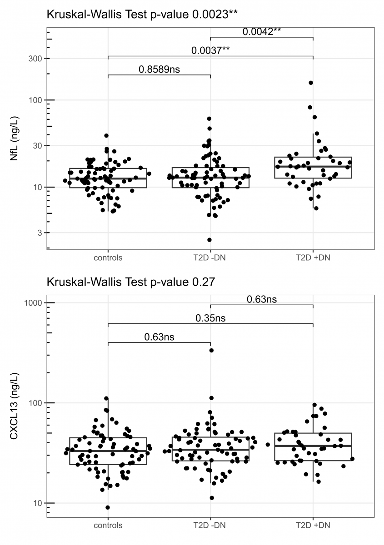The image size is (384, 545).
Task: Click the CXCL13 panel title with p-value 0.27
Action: coord(130,282)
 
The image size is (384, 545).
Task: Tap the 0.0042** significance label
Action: coord(262,31)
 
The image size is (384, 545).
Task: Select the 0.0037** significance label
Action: coord(210,50)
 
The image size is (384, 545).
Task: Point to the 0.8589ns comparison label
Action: coord(159,69)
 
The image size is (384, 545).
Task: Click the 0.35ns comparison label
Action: coord(210,318)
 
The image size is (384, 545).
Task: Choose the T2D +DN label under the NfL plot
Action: coord(313,258)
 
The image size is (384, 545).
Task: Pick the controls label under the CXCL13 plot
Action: coord(108,525)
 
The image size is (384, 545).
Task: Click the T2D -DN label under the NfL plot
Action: coord(210,258)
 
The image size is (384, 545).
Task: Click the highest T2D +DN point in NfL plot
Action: coord(311,83)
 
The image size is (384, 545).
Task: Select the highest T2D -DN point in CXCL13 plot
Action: coord(211,350)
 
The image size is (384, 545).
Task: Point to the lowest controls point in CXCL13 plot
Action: coord(108,508)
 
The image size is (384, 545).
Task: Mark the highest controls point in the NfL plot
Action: coord(106,136)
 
